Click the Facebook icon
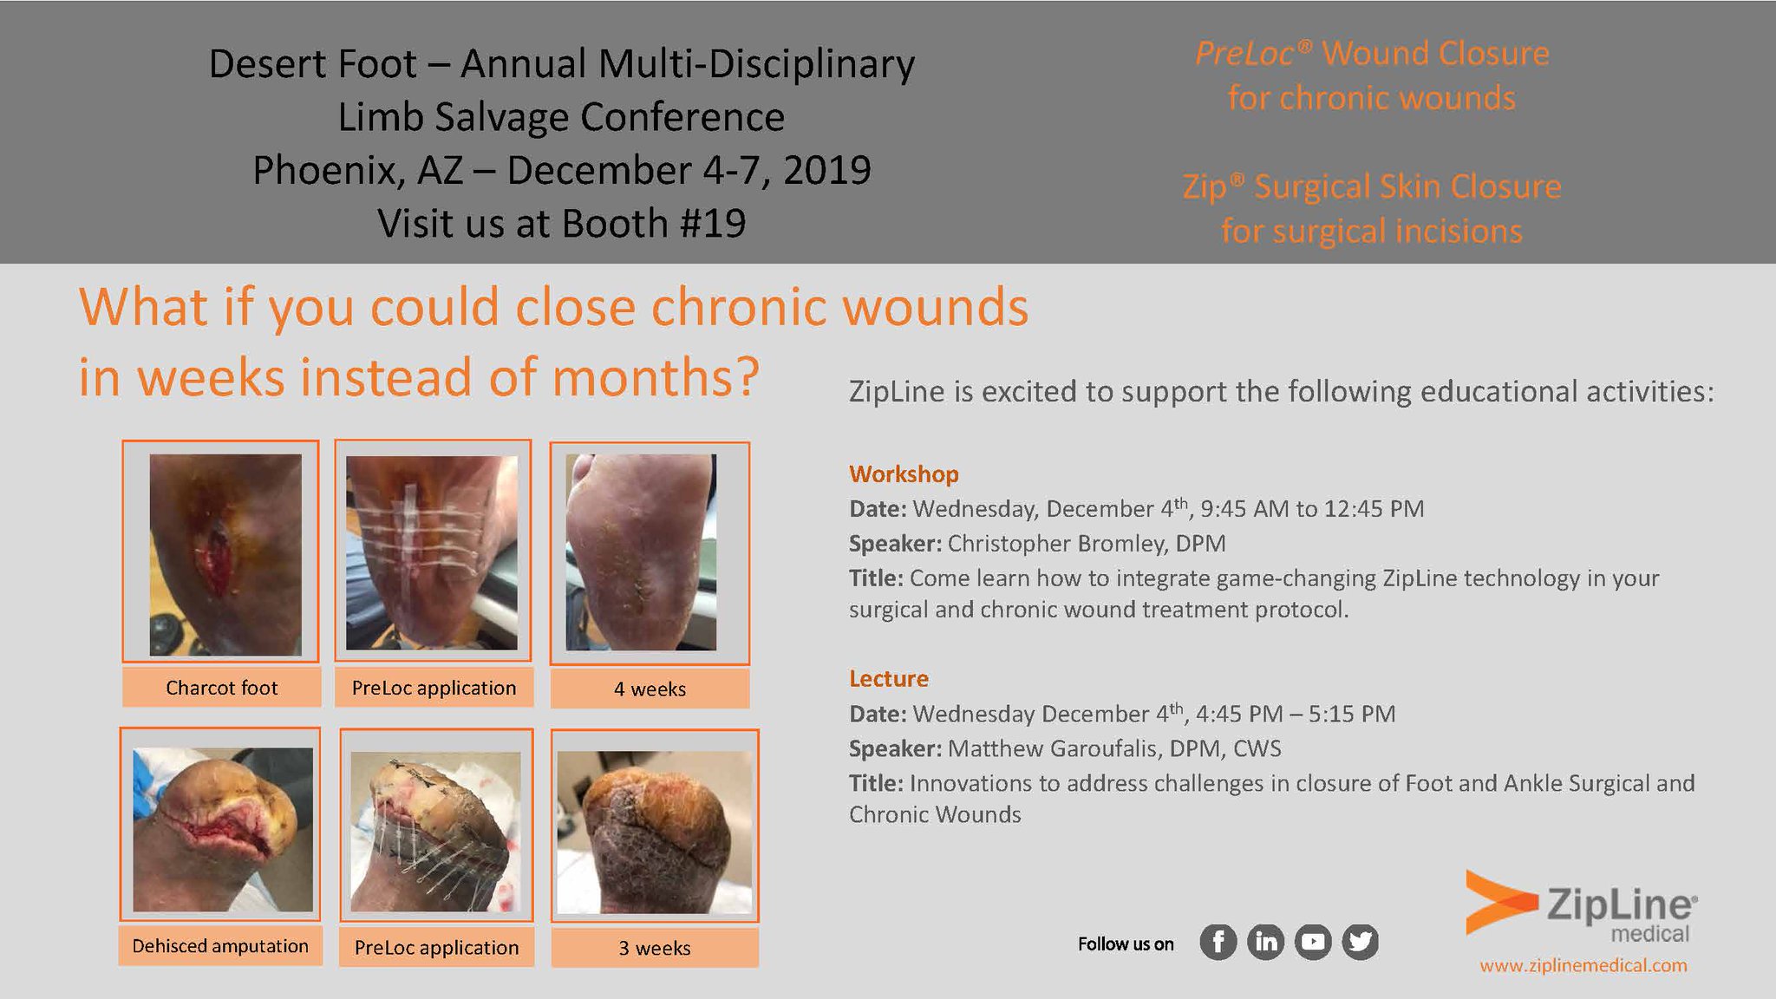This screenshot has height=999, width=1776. (1218, 942)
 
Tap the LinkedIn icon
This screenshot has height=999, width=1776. (1266, 942)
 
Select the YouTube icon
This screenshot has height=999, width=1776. (1313, 942)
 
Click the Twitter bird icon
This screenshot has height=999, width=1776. (1360, 942)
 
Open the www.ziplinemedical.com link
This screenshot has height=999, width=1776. (1583, 966)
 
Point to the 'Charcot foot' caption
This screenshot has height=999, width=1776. (221, 688)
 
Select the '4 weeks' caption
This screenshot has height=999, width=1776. (650, 689)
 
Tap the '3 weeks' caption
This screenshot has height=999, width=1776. (655, 949)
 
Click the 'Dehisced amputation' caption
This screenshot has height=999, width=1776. (220, 946)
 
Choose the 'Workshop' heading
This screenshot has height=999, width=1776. (904, 474)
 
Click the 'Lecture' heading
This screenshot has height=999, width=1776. (888, 679)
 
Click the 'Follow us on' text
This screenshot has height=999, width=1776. (1126, 944)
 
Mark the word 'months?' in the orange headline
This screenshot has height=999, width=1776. (656, 378)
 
